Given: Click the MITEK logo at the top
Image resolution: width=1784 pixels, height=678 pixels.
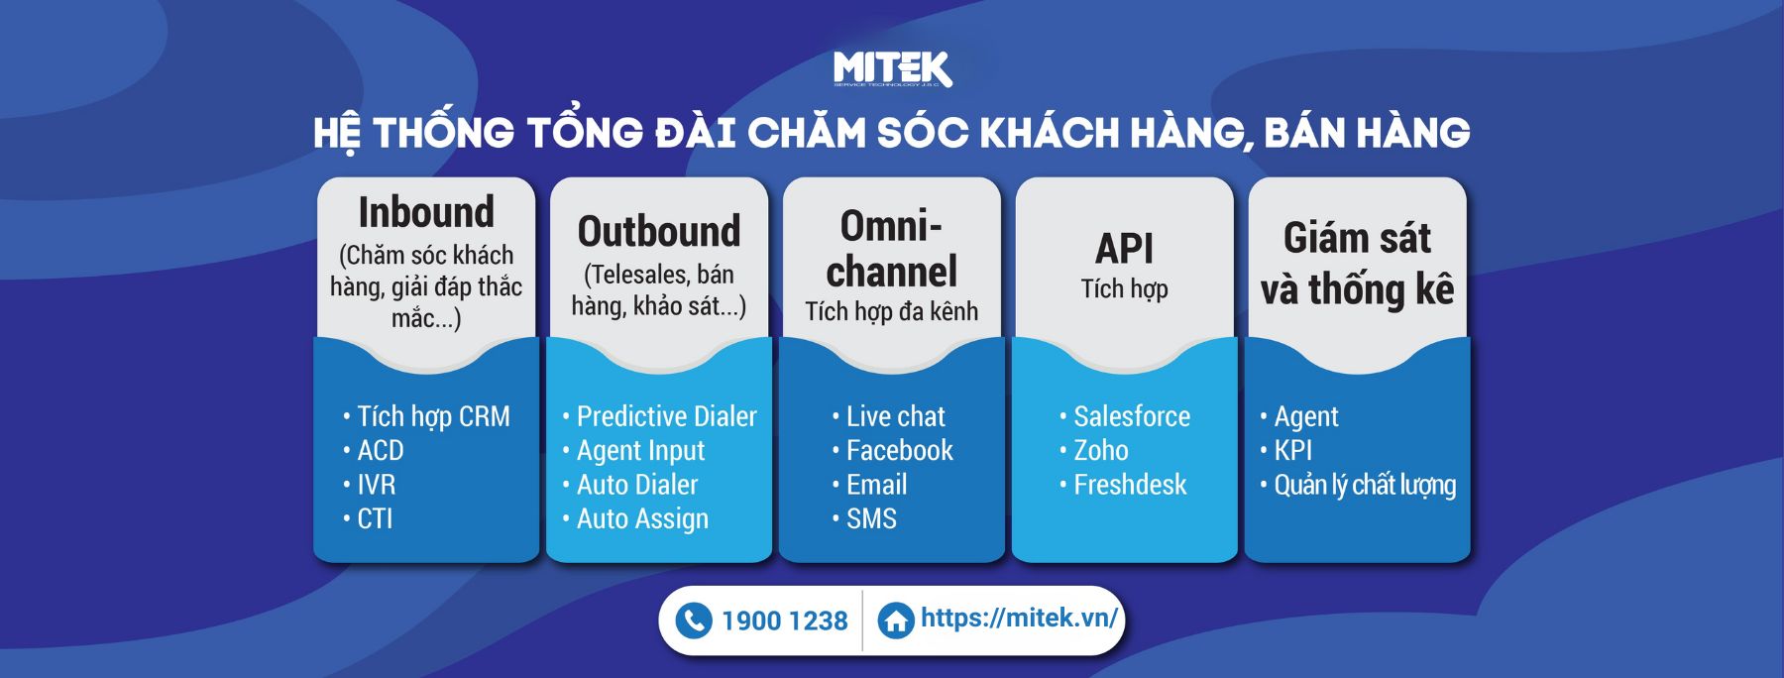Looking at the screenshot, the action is [x=892, y=69].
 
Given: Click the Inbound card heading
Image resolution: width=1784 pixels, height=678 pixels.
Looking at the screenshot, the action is [x=426, y=212].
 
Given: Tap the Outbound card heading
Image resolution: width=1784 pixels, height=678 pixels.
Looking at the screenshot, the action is [x=659, y=231].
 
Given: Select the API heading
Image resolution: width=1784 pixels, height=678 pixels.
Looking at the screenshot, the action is [x=1125, y=249].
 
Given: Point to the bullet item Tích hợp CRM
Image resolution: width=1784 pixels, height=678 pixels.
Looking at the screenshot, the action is [x=433, y=416].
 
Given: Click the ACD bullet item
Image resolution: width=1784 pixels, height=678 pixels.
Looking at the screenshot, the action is [x=381, y=450].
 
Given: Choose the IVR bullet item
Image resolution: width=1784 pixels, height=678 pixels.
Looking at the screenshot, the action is [x=376, y=485].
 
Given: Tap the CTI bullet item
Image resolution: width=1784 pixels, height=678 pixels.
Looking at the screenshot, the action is [x=375, y=518].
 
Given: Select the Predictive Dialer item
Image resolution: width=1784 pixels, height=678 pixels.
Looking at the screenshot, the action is [x=666, y=416].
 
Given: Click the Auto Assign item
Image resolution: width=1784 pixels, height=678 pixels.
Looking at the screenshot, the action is [x=642, y=519].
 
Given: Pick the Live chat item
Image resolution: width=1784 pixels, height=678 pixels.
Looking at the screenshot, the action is [x=895, y=416].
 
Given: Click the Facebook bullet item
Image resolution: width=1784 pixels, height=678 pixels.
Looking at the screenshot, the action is [x=899, y=450].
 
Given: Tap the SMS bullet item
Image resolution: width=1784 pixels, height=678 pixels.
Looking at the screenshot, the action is [x=871, y=518].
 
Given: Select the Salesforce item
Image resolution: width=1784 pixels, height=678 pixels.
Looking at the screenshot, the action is [x=1132, y=416].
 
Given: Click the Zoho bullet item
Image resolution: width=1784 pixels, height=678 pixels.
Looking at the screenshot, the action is [x=1101, y=450].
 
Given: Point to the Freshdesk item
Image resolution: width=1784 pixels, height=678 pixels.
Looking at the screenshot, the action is [x=1130, y=485].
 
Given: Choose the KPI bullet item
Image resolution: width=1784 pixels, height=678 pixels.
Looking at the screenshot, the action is [x=1292, y=450].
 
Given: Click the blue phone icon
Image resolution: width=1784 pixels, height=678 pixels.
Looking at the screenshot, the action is [x=694, y=621].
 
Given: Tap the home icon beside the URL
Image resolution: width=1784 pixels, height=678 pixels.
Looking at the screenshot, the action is [x=896, y=621].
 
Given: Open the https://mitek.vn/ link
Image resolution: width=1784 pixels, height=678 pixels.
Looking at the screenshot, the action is [x=1019, y=618].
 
